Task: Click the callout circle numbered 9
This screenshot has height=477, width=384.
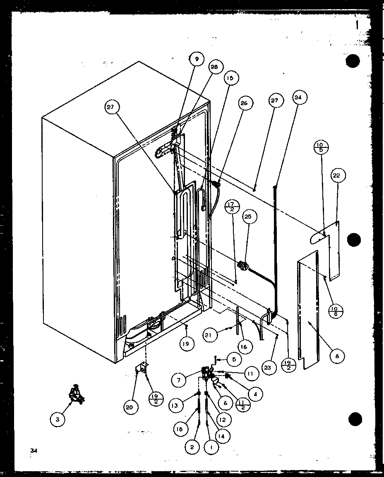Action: [197, 59]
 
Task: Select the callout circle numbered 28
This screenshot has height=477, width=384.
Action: [215, 67]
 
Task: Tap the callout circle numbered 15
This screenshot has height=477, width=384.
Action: [230, 77]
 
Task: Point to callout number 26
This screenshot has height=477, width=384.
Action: [244, 103]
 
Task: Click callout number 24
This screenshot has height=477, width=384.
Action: [298, 98]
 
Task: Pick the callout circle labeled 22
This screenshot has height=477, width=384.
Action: [337, 176]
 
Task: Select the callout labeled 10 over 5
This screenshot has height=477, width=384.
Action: [321, 147]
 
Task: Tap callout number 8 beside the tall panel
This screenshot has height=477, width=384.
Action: [337, 356]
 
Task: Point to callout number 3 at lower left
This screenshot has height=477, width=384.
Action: [58, 419]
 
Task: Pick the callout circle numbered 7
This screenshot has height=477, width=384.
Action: [179, 379]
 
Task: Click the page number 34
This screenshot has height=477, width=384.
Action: [32, 450]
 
